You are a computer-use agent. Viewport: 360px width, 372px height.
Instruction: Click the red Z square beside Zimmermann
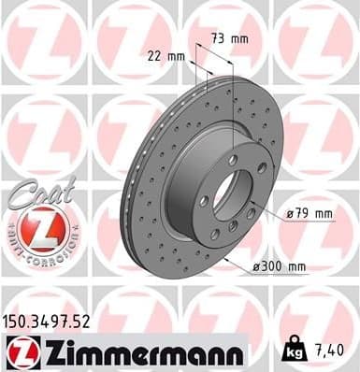pos(21,352)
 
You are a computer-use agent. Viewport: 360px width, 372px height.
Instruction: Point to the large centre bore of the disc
pos(227,193)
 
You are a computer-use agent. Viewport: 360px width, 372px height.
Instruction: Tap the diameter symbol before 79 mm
pos(290,214)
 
